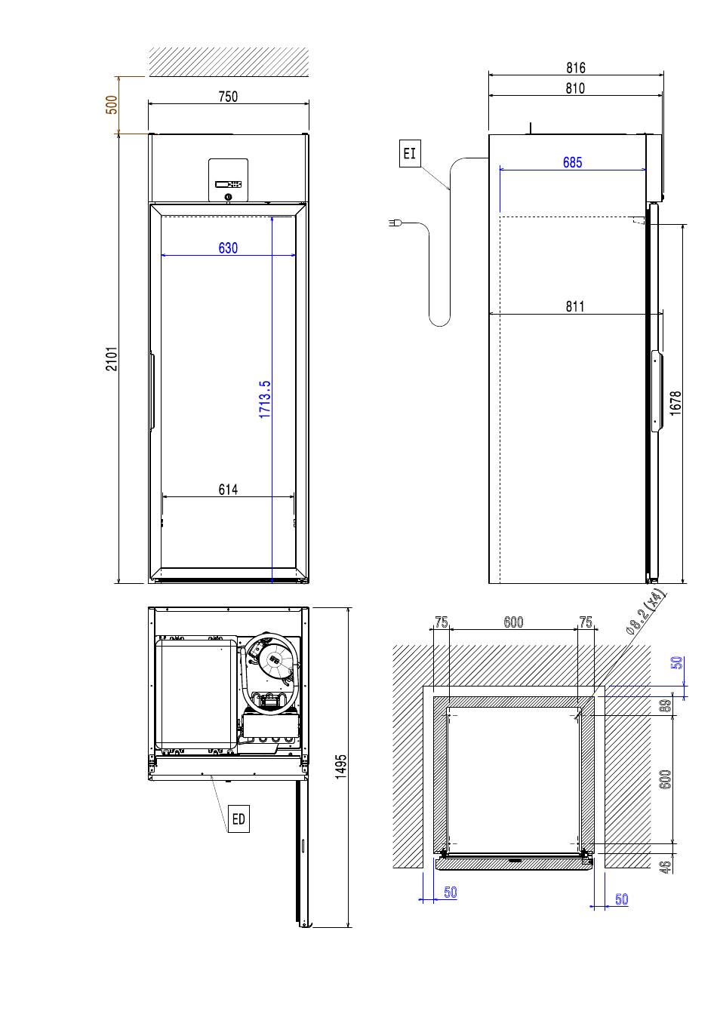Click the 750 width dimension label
point(228,97)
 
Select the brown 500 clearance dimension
point(112,105)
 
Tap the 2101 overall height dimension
point(112,358)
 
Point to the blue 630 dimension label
point(228,247)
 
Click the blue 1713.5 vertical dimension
point(265,399)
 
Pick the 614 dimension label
point(228,490)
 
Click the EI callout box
point(410,153)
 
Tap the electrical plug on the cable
point(395,223)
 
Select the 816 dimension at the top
point(575,68)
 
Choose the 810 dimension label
point(575,88)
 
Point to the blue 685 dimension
point(572,162)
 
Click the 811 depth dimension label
point(575,306)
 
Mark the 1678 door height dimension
point(675,403)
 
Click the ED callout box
point(238,819)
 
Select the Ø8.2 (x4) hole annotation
point(645,612)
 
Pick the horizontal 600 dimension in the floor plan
point(513,622)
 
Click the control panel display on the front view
point(228,185)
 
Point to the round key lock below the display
point(228,197)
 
